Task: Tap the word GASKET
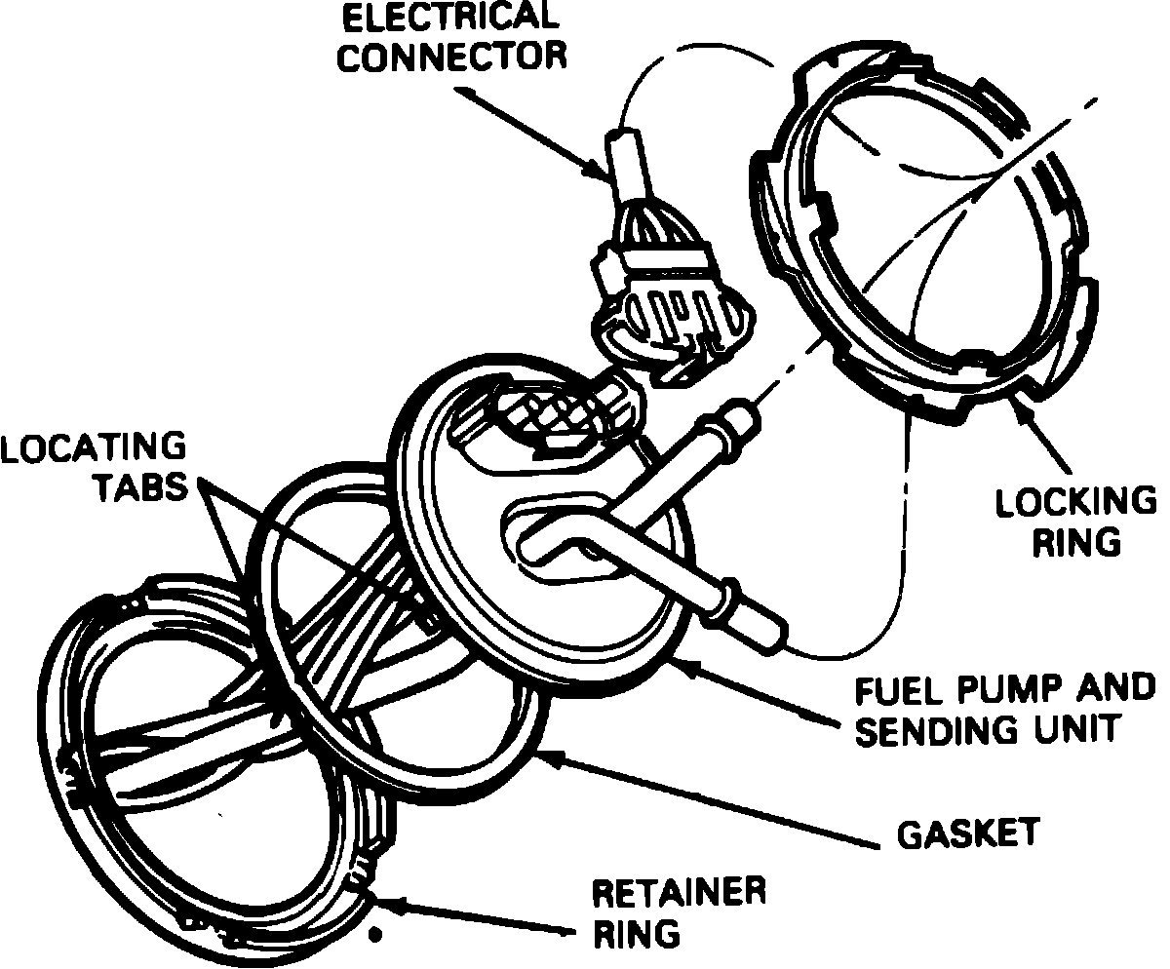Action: coord(968,834)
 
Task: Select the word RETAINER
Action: coord(680,892)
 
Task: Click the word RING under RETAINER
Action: coord(636,933)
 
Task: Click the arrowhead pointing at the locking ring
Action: coord(1021,405)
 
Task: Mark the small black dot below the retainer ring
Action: coord(372,937)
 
